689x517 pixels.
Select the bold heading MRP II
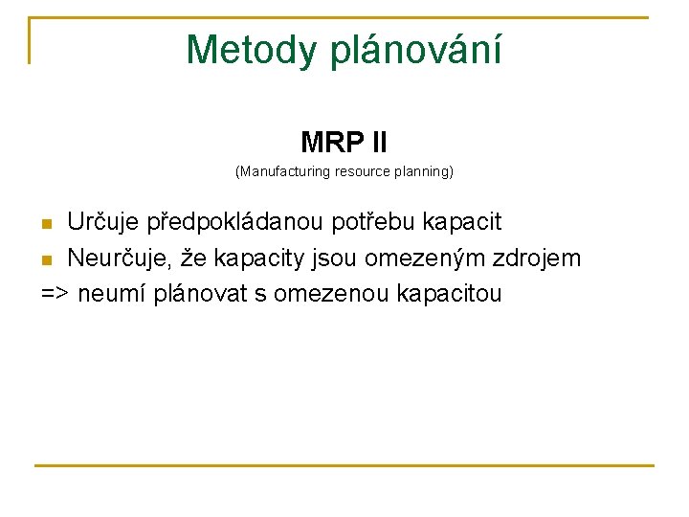344,144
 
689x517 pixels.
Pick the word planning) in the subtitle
423,172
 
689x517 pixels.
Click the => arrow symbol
55,293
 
